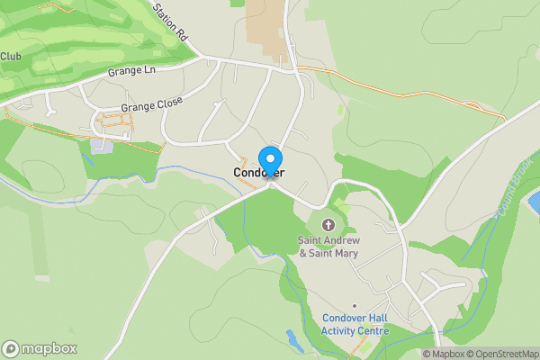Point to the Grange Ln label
pos(131,71)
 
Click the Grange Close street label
pos(151,105)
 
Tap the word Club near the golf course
pos(11,57)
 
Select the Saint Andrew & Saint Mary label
pos(328,247)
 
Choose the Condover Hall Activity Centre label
pos(355,324)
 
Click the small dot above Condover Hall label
pos(355,306)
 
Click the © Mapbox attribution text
pos(444,354)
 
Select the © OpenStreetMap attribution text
pos(502,354)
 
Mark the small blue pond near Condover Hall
pos(293,340)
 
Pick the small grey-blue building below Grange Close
pos(102,146)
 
